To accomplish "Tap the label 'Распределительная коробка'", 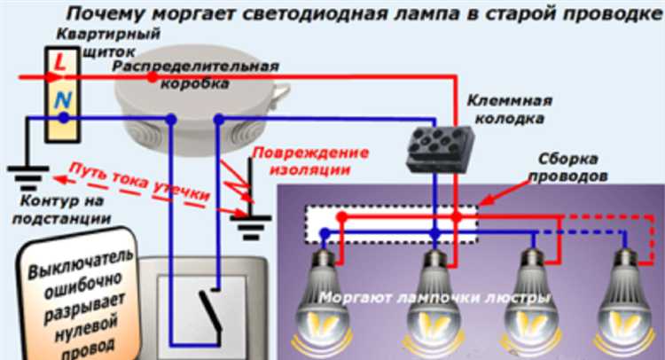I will pos(196,74).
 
